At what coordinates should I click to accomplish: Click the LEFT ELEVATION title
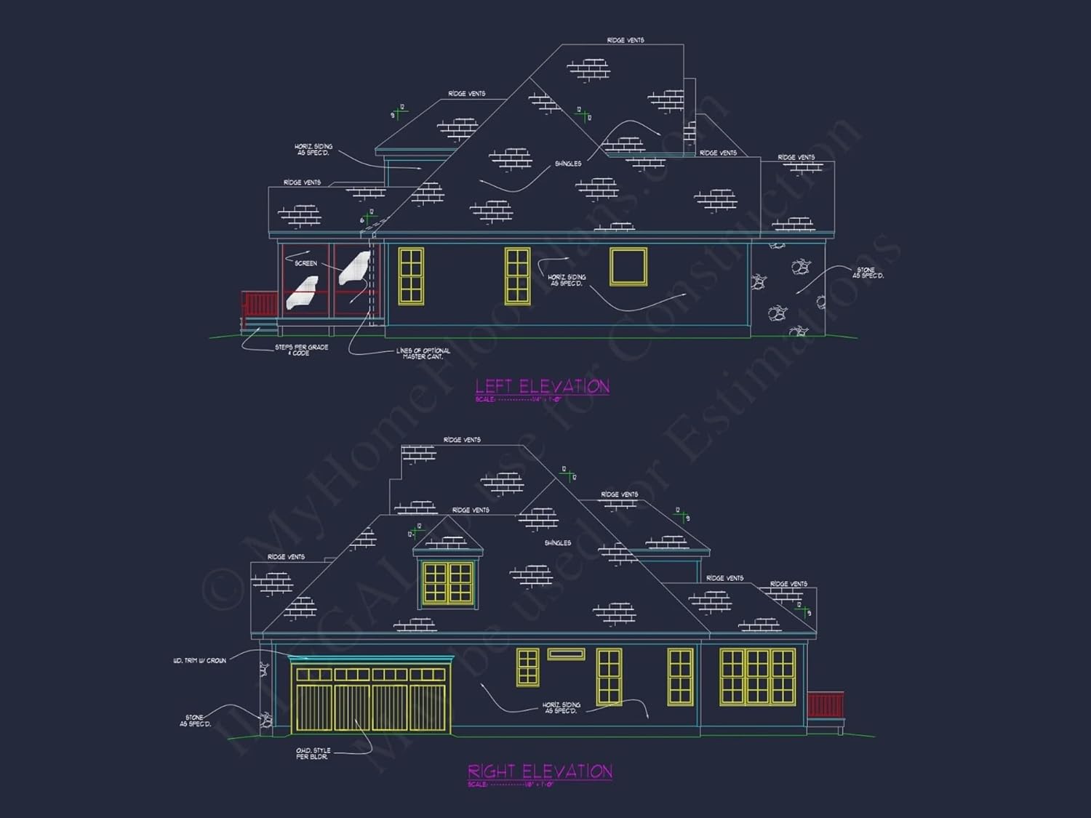[x=542, y=386]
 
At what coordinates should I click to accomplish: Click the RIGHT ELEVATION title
[x=540, y=771]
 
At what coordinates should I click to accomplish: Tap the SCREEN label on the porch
[x=305, y=263]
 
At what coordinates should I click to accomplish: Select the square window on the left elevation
[x=628, y=266]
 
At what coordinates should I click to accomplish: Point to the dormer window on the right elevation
[x=448, y=582]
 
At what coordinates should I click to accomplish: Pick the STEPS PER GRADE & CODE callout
[x=301, y=350]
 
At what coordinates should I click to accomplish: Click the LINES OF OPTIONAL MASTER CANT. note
[x=423, y=353]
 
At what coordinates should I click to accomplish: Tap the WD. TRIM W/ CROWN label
[x=199, y=661]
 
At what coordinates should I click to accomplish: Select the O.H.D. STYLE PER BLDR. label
[x=313, y=753]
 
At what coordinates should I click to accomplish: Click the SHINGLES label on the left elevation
[x=568, y=164]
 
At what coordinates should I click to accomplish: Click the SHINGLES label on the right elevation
[x=558, y=543]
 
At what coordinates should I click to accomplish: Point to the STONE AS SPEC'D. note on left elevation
[x=868, y=273]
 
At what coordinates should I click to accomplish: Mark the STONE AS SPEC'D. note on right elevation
[x=195, y=721]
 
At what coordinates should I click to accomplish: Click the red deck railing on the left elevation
[x=260, y=304]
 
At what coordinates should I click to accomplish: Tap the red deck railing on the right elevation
[x=826, y=705]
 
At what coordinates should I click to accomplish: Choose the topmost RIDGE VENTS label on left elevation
[x=626, y=40]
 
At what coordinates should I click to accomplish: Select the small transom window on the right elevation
[x=566, y=654]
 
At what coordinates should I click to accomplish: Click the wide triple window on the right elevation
[x=757, y=677]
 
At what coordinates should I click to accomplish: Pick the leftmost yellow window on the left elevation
[x=411, y=276]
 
